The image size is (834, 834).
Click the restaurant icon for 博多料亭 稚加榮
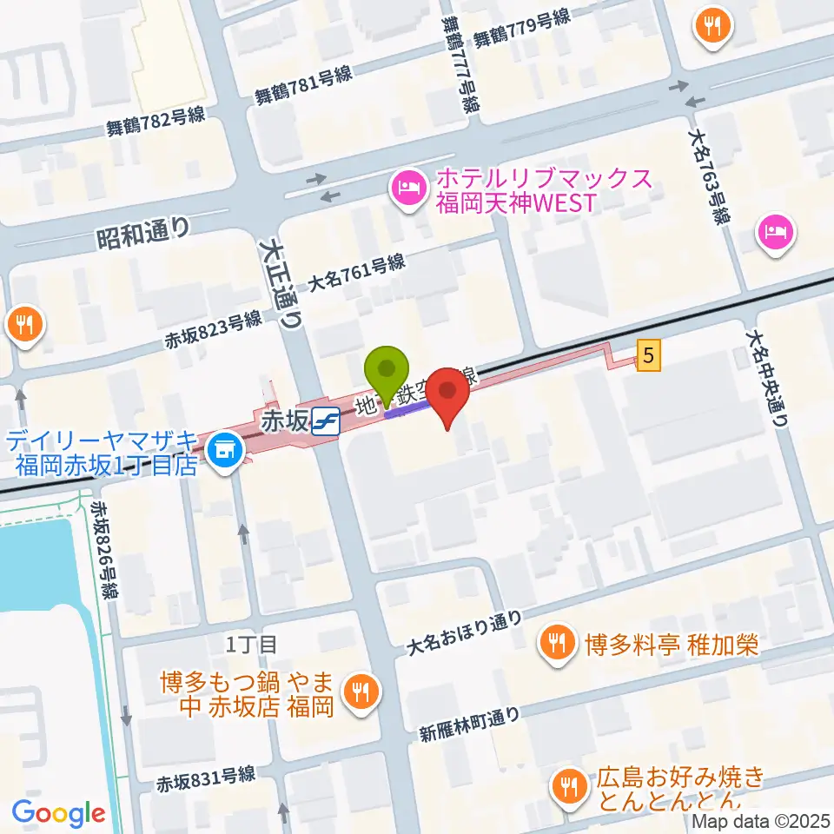tap(554, 644)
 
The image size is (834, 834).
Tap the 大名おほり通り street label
tap(466, 632)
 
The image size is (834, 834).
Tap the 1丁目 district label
tap(251, 645)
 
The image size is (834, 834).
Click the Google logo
tap(58, 813)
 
